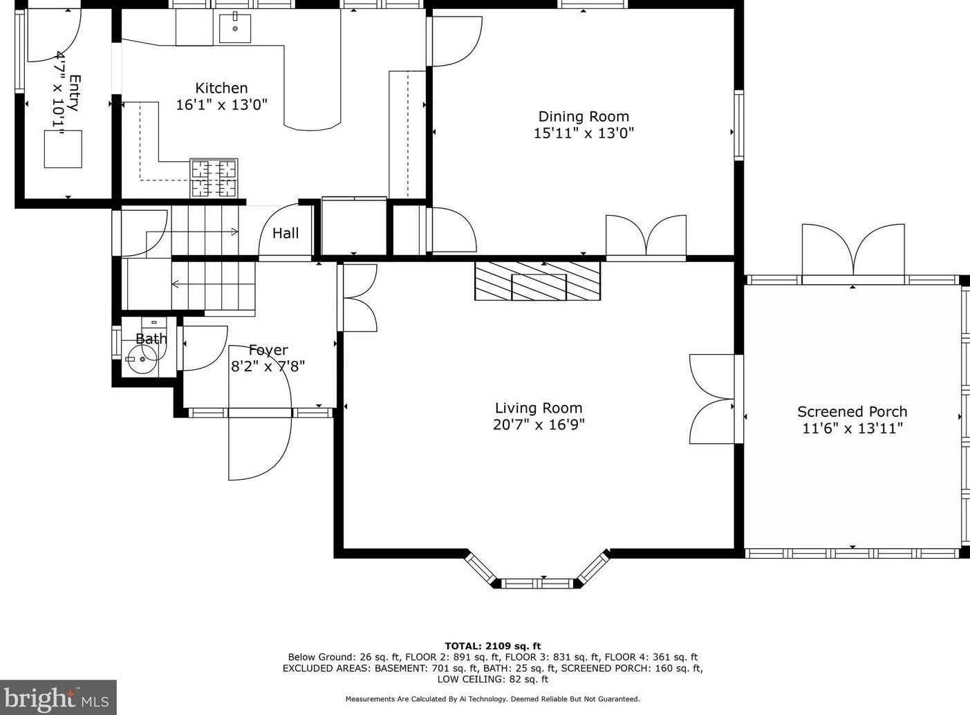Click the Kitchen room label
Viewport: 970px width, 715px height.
pos(221,88)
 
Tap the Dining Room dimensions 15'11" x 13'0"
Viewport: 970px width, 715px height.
pos(584,133)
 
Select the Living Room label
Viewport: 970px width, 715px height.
pos(539,408)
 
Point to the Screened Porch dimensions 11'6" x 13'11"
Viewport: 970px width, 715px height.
pos(852,429)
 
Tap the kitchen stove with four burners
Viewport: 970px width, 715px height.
pos(214,178)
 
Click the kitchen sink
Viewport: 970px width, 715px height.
pos(235,28)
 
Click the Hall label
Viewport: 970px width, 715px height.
pos(286,233)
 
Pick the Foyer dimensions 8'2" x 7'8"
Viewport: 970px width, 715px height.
pos(268,366)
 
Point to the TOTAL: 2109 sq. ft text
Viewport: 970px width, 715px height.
pos(493,646)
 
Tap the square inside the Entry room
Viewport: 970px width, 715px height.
pos(63,149)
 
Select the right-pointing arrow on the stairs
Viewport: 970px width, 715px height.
pos(234,232)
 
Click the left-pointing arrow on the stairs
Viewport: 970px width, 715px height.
pos(176,284)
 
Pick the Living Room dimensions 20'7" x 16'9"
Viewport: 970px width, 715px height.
pos(539,425)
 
